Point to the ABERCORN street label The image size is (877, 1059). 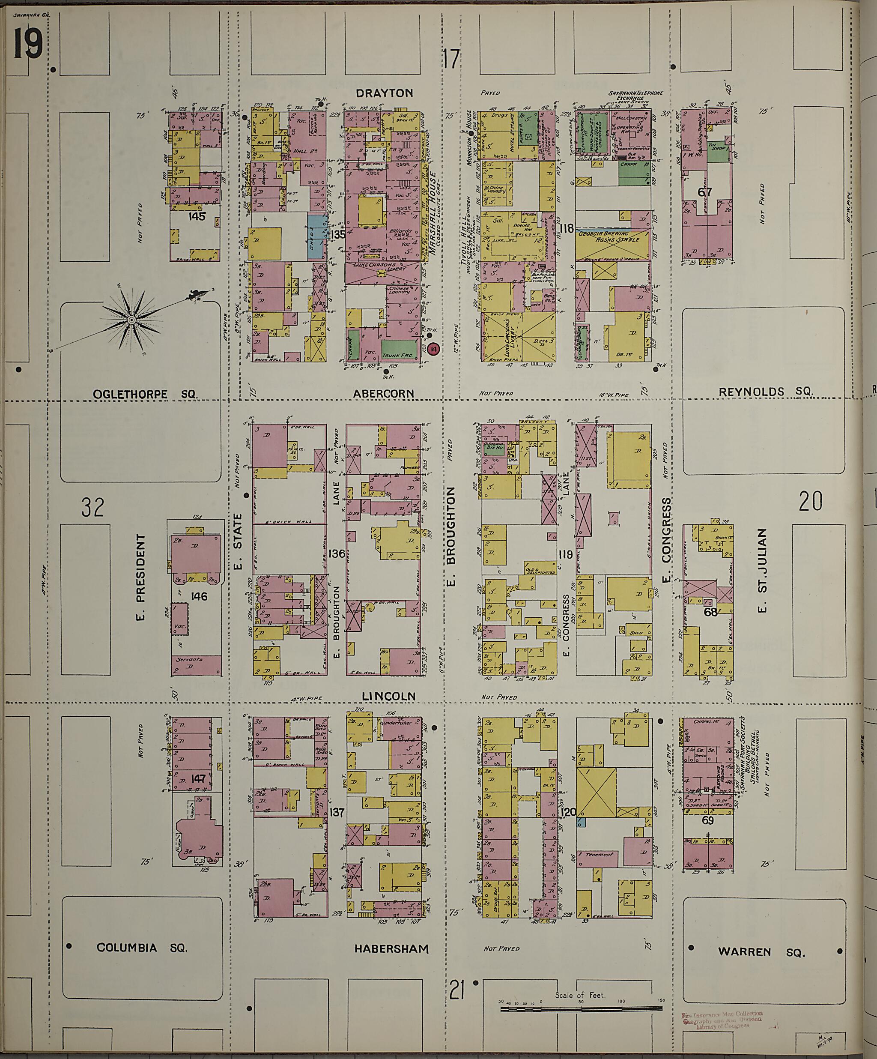pyautogui.click(x=391, y=393)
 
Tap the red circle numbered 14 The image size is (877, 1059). pyautogui.click(x=433, y=348)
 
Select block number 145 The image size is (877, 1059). pyautogui.click(x=196, y=216)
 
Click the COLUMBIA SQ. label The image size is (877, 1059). pyautogui.click(x=142, y=948)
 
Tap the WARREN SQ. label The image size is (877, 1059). pyautogui.click(x=761, y=951)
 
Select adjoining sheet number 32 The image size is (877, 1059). pyautogui.click(x=93, y=507)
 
